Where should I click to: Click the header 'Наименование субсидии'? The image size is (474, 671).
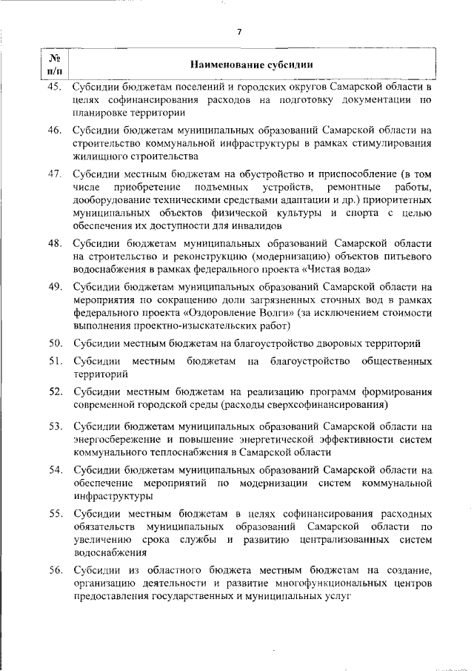tap(250, 64)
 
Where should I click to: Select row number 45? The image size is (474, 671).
tap(55, 87)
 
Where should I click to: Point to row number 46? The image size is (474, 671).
tap(55, 130)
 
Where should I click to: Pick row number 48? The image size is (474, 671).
tap(55, 242)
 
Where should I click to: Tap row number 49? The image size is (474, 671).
tap(55, 286)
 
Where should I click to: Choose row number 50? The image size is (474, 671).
tap(55, 343)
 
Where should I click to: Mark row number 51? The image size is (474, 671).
tap(55, 361)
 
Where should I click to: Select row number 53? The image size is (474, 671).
tap(55, 427)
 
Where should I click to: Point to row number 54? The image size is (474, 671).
tap(55, 470)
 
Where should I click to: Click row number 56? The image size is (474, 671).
tap(55, 570)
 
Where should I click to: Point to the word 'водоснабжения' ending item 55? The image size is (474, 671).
tap(107, 553)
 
